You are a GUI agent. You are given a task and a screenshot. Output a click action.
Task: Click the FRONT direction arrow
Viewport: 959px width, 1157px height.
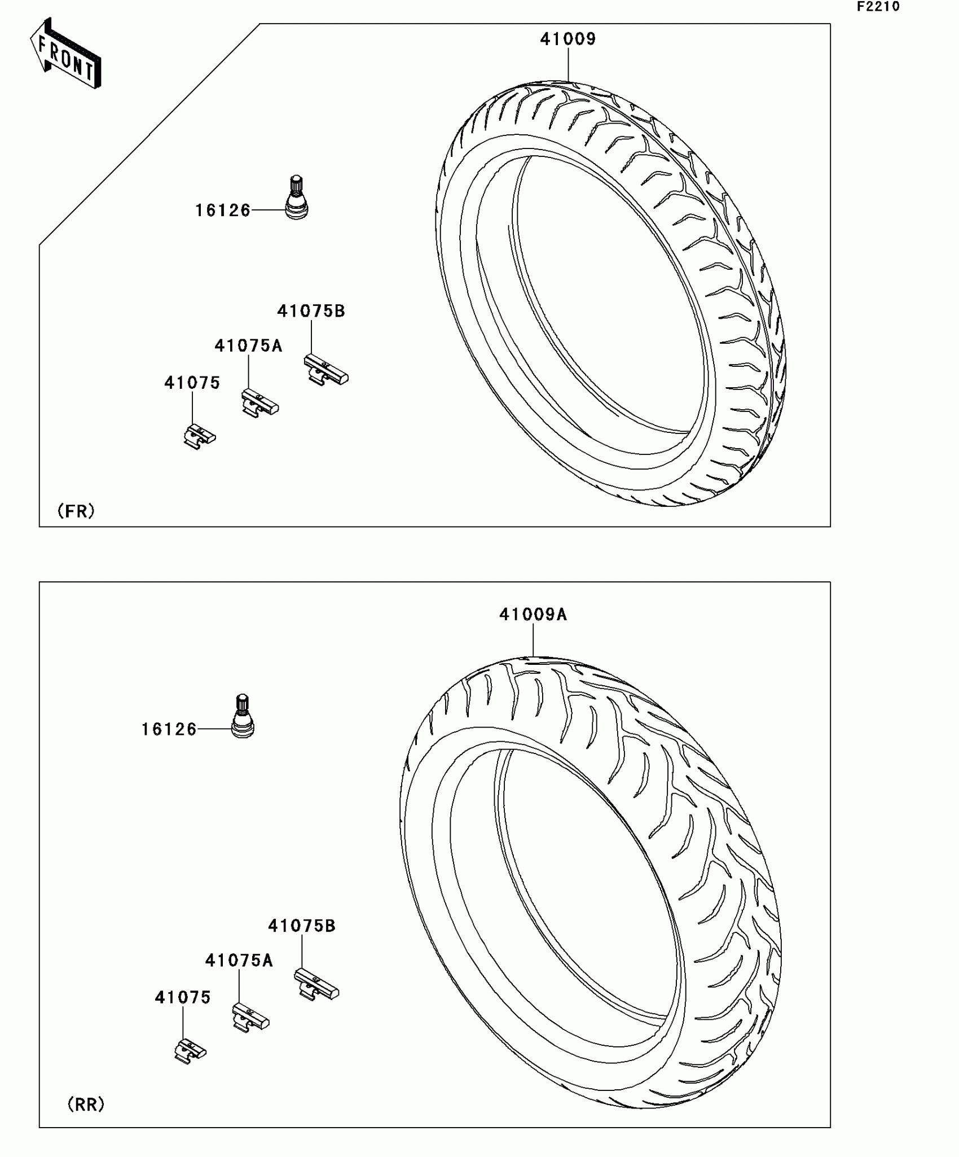point(66,54)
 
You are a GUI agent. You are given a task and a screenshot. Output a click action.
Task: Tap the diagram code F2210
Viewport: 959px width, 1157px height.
point(878,7)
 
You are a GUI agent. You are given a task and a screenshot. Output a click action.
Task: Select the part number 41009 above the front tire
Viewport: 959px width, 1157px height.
point(568,39)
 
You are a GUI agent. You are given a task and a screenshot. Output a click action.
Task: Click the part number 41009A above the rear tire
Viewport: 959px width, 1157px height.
point(533,614)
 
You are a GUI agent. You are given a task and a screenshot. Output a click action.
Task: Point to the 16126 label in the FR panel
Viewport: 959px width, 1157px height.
point(222,211)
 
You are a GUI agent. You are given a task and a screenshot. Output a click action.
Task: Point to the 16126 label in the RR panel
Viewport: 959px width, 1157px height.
point(169,730)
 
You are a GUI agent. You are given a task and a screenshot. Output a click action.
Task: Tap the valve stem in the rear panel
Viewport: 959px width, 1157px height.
point(243,716)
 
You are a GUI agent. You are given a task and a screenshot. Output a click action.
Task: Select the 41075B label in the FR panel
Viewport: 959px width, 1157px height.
point(311,311)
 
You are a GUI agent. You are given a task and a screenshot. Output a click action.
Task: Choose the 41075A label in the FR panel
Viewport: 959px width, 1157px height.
point(248,345)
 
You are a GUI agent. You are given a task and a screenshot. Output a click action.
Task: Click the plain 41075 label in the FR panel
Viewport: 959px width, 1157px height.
point(192,383)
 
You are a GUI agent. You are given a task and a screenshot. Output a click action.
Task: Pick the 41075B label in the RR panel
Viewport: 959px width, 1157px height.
point(301,926)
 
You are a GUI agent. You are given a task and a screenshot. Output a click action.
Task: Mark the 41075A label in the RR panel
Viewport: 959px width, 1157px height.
point(239,961)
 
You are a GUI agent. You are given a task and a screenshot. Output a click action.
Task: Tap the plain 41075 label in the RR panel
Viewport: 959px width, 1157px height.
point(182,998)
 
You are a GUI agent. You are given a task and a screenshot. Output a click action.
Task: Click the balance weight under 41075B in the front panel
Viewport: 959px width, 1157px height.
point(325,370)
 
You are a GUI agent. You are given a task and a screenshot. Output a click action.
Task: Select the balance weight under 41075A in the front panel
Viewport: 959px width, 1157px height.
point(259,403)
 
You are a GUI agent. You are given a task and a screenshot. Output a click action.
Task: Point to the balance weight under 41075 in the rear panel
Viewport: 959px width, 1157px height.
point(190,1050)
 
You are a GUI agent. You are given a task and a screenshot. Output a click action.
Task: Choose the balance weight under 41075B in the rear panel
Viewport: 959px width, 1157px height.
point(316,985)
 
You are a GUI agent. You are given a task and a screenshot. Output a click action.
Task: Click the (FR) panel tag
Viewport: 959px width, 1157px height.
point(76,511)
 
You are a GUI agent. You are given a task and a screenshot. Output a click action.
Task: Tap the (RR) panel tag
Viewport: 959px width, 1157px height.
point(86,1105)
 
